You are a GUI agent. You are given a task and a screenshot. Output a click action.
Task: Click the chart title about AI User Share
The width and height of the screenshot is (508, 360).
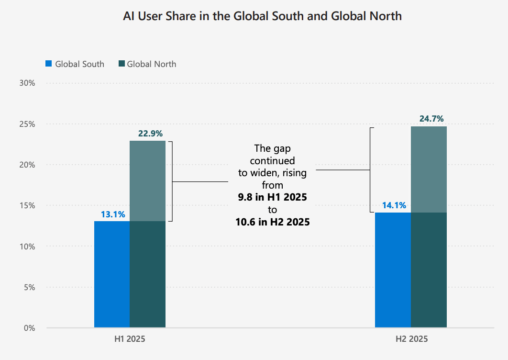coord(262,16)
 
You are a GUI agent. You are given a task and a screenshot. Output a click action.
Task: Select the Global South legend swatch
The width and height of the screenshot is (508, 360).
coord(48,64)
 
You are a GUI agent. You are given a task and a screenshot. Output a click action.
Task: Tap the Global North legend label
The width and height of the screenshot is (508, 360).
coord(152,64)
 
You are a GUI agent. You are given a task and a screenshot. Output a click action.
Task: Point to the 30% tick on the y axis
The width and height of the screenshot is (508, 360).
coord(27,83)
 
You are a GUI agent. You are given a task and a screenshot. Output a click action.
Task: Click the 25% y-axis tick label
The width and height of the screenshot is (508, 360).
coord(27,124)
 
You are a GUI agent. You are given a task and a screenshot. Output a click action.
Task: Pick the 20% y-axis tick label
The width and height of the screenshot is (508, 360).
coord(27,165)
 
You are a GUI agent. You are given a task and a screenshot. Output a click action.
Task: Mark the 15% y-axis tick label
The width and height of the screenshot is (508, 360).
coord(27,205)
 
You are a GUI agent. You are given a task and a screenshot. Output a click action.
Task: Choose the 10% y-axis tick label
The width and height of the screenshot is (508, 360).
coord(27,247)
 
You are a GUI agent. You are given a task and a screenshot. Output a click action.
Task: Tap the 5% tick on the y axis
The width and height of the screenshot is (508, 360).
coord(29,287)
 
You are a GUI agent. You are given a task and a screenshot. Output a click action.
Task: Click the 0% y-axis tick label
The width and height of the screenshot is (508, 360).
coord(29,328)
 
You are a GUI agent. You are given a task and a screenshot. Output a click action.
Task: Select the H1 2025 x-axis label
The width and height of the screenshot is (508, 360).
coord(130,339)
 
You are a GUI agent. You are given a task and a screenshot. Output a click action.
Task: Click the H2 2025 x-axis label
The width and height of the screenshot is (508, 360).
coord(411,339)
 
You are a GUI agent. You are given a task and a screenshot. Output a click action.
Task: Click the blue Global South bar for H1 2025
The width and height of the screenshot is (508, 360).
coord(112,274)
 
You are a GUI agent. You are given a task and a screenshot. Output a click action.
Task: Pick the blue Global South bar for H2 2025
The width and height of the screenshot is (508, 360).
coord(393,270)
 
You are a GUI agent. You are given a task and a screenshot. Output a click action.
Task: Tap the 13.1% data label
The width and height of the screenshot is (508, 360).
coord(112,214)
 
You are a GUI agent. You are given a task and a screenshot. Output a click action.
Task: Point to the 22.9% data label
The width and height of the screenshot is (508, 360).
coord(148,134)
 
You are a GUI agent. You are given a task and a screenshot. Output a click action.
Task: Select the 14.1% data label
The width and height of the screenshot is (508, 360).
coord(394,206)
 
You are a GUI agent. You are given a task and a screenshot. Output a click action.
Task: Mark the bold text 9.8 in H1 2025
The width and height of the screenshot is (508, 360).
coord(272,197)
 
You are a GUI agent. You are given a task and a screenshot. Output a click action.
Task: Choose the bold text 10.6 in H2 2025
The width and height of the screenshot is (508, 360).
coord(272,222)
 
